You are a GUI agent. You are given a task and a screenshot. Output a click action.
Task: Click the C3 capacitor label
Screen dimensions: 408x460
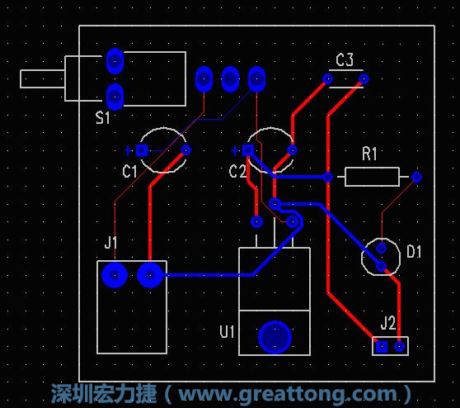345,59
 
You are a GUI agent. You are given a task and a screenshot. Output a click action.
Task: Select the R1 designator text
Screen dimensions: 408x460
369,154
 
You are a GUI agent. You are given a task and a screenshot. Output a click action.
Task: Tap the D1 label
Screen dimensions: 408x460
414,251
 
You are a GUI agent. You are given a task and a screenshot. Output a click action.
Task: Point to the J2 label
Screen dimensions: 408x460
388,322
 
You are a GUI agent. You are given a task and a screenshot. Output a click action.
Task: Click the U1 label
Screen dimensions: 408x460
228,332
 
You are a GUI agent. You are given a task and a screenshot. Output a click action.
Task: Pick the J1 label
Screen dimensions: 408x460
111,242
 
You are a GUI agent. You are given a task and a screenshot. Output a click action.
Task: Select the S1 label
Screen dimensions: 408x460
102,118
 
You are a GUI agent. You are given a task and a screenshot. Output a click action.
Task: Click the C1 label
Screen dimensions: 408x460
129,172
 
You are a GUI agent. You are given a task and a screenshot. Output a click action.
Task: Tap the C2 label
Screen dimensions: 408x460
237,172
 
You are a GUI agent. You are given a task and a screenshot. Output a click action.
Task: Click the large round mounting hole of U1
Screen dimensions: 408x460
275,336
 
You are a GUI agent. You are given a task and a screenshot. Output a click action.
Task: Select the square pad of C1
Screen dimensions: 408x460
142,150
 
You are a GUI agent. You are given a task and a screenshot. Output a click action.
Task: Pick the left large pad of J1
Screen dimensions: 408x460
113,274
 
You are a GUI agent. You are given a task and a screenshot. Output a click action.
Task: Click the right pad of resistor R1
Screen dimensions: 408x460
416,177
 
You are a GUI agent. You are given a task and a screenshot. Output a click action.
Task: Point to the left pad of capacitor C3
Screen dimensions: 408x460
327,79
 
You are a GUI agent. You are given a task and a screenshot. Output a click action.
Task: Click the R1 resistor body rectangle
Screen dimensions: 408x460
372,177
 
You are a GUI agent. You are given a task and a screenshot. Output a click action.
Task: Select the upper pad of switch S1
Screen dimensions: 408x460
115,60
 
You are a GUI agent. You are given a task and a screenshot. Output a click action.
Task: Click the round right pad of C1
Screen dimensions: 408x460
185,150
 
